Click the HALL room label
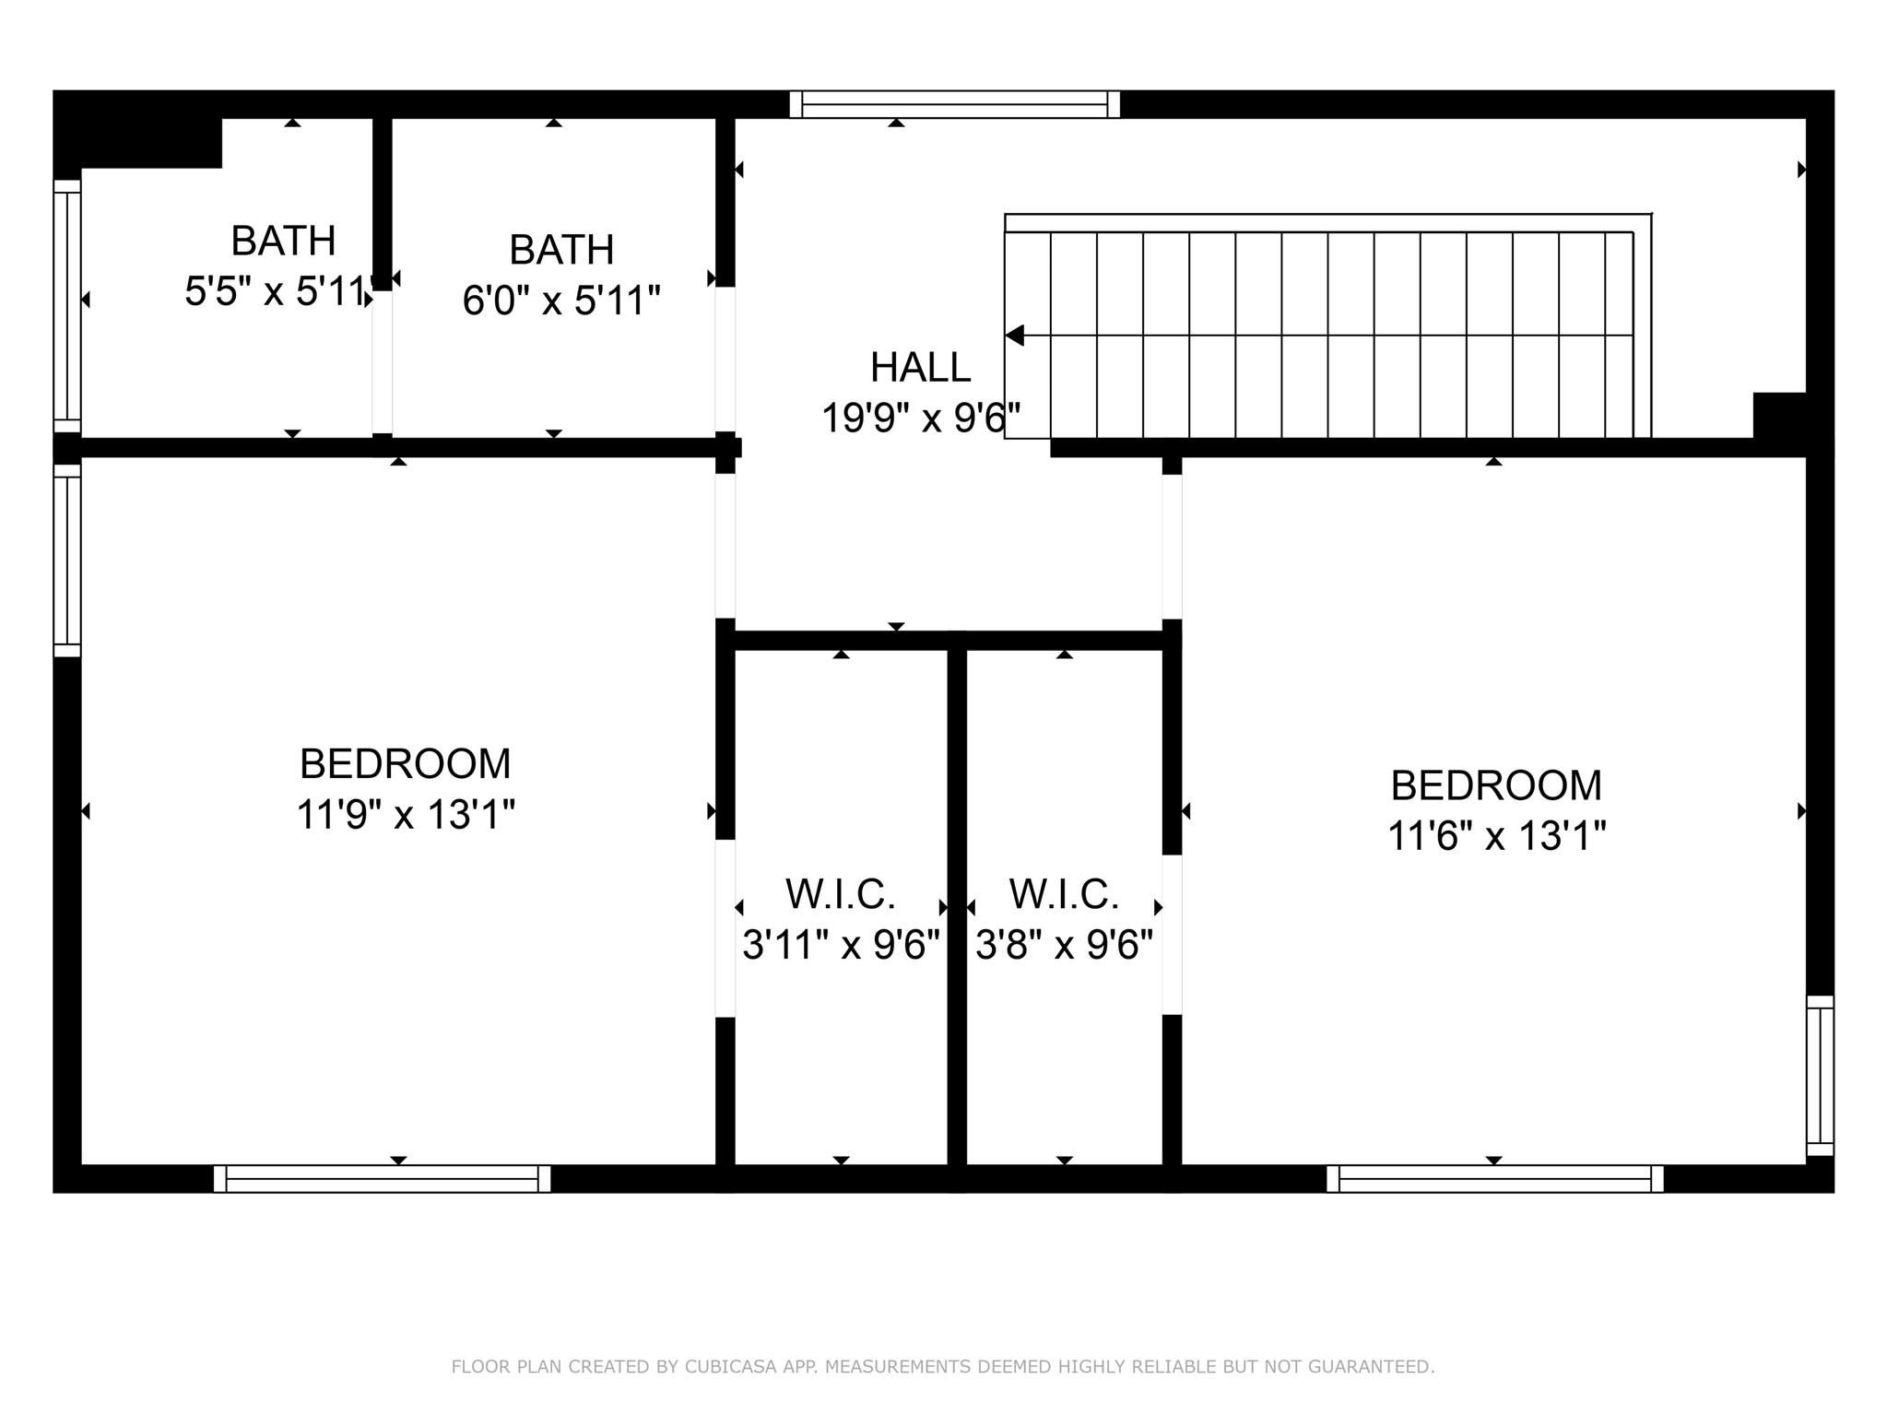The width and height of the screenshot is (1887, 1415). (x=920, y=367)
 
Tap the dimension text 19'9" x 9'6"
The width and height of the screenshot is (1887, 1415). (x=920, y=418)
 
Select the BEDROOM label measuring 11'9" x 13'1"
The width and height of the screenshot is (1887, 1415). (x=405, y=763)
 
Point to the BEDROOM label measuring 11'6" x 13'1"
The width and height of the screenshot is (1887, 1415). (x=1495, y=785)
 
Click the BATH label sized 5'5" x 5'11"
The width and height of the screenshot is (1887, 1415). (x=282, y=241)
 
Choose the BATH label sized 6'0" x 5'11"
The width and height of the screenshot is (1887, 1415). (x=560, y=250)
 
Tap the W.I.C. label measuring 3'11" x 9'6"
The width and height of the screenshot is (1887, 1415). (x=840, y=894)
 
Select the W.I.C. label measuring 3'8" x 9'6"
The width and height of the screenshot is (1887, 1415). (x=1064, y=894)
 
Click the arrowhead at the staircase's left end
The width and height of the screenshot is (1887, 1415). (x=1015, y=336)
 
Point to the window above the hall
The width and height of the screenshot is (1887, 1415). (x=954, y=104)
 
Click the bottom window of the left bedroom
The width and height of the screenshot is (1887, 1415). (x=382, y=1178)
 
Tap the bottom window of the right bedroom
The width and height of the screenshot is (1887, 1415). (x=1494, y=1178)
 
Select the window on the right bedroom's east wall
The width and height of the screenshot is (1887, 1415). (x=1819, y=1075)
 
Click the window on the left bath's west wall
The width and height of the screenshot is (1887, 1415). (x=67, y=305)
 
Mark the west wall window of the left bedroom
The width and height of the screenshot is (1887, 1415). (x=67, y=560)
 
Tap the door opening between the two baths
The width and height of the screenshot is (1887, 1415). (x=382, y=362)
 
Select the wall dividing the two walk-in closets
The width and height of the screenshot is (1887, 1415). (x=957, y=908)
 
